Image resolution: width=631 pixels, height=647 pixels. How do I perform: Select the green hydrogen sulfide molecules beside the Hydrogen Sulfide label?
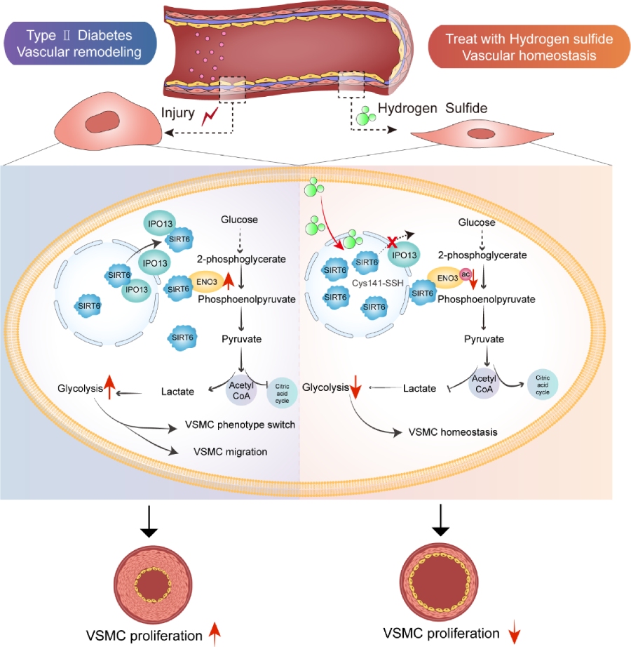point(364,114)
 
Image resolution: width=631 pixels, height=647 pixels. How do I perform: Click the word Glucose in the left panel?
point(238,220)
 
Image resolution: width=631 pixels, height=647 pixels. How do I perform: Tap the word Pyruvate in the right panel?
point(486,339)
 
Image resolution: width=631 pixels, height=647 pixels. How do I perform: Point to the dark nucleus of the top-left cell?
point(109,121)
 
